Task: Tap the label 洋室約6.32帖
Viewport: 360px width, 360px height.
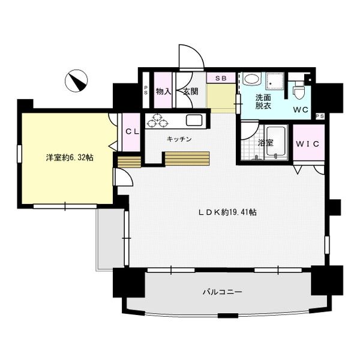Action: tap(70, 158)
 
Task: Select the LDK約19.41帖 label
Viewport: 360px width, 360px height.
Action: tap(228, 212)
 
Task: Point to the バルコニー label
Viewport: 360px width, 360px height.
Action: tap(222, 292)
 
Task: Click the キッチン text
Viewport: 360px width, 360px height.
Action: tap(179, 139)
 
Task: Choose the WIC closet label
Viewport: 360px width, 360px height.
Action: tap(309, 144)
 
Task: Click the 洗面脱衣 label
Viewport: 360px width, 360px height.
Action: tap(263, 101)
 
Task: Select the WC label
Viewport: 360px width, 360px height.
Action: tap(301, 110)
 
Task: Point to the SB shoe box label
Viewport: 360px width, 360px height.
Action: tap(221, 78)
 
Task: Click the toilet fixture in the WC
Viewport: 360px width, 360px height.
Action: tap(299, 90)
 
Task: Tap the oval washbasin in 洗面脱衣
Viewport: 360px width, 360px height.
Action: tap(251, 79)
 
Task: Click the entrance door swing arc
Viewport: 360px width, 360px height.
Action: tap(192, 57)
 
